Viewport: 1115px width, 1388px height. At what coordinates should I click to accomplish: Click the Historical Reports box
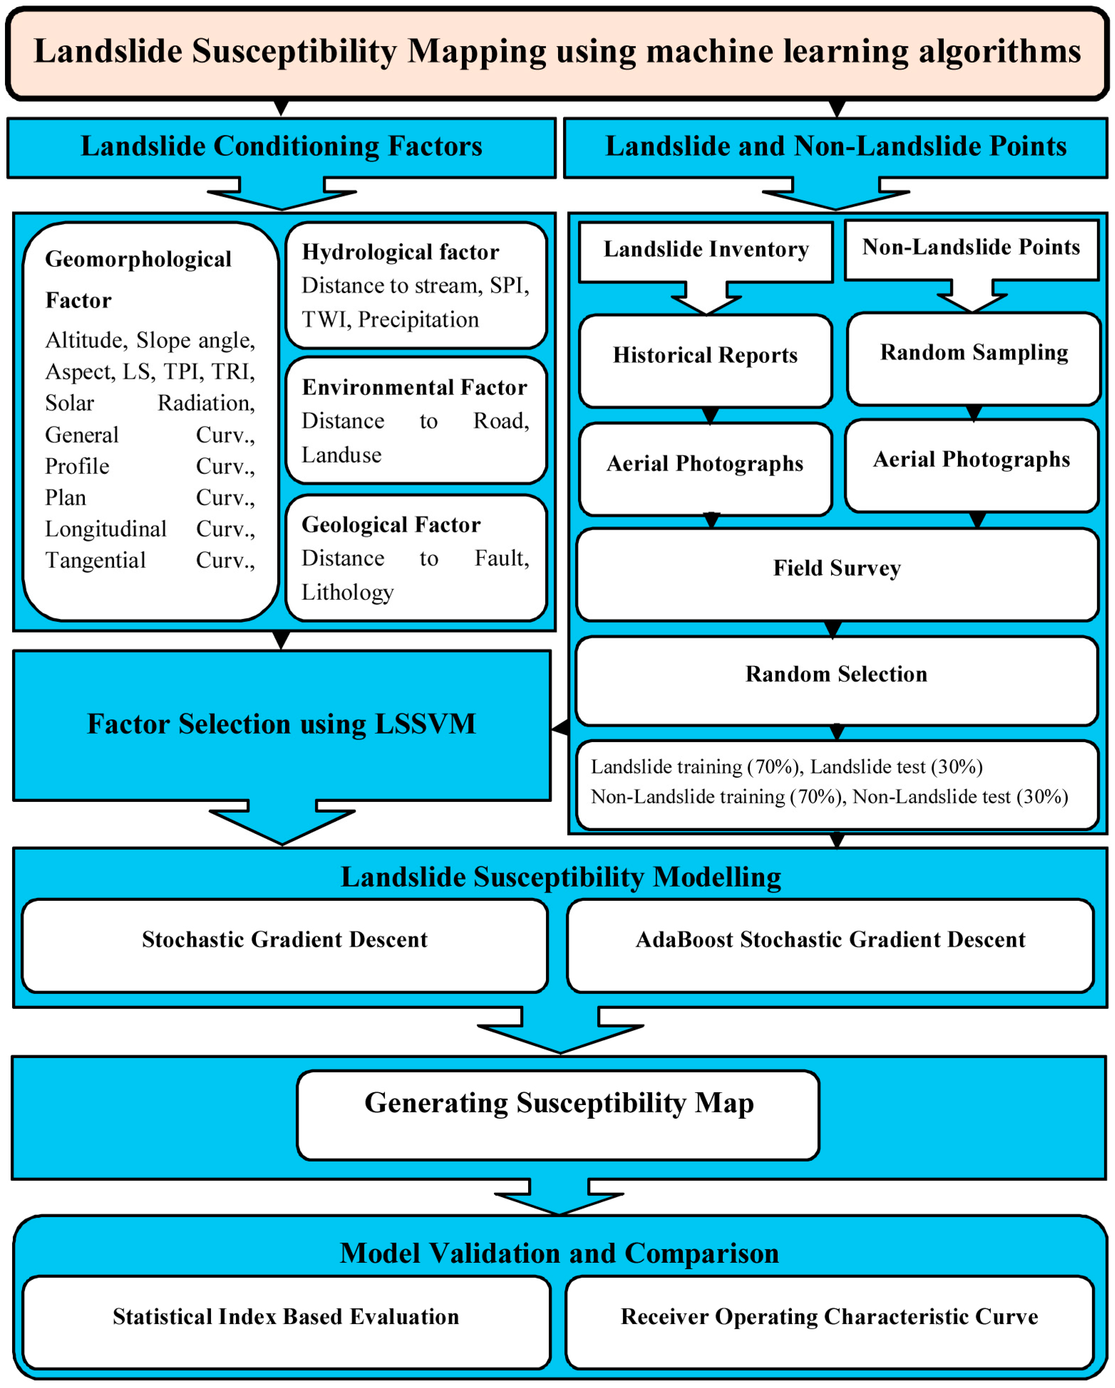pyautogui.click(x=705, y=361)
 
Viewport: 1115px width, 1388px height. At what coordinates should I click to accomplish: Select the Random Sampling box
pyautogui.click(x=973, y=359)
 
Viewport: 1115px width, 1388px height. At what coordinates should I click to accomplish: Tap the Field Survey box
pyautogui.click(x=837, y=574)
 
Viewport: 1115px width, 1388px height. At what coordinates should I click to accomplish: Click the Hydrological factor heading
pyautogui.click(x=400, y=252)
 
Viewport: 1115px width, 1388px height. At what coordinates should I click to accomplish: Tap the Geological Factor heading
pyautogui.click(x=391, y=525)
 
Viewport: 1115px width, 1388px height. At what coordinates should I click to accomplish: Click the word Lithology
pyautogui.click(x=348, y=592)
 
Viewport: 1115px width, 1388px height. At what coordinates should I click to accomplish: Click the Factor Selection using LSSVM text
pyautogui.click(x=281, y=724)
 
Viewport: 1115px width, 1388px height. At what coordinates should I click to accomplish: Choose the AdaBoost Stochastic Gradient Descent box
pyautogui.click(x=830, y=945)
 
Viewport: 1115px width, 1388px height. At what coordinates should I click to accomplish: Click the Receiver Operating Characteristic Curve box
pyautogui.click(x=829, y=1322)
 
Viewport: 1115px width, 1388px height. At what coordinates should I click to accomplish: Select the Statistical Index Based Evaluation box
pyautogui.click(x=286, y=1322)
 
